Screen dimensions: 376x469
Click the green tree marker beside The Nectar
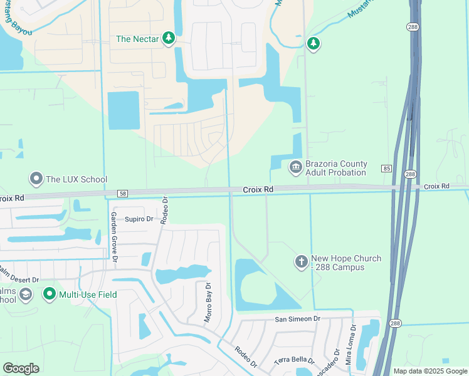pyautogui.click(x=169, y=39)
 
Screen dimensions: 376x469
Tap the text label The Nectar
pyautogui.click(x=137, y=39)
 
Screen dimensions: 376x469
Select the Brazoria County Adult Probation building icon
pyautogui.click(x=295, y=167)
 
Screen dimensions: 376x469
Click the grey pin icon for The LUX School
pyautogui.click(x=36, y=179)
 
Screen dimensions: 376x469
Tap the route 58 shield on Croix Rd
pyautogui.click(x=122, y=194)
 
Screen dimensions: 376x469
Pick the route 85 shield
pyautogui.click(x=386, y=169)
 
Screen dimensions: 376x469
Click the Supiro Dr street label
pyautogui.click(x=139, y=219)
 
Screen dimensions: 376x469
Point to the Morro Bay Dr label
pyautogui.click(x=208, y=302)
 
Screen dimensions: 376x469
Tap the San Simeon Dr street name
pyautogui.click(x=297, y=319)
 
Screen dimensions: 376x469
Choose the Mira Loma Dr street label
pyautogui.click(x=348, y=345)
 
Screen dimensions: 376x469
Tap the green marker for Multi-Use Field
pyautogui.click(x=50, y=293)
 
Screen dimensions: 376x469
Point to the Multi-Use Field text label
pyautogui.click(x=88, y=294)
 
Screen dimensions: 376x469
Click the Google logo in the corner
pyautogui.click(x=21, y=368)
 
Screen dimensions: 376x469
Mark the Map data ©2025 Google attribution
pyautogui.click(x=429, y=371)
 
